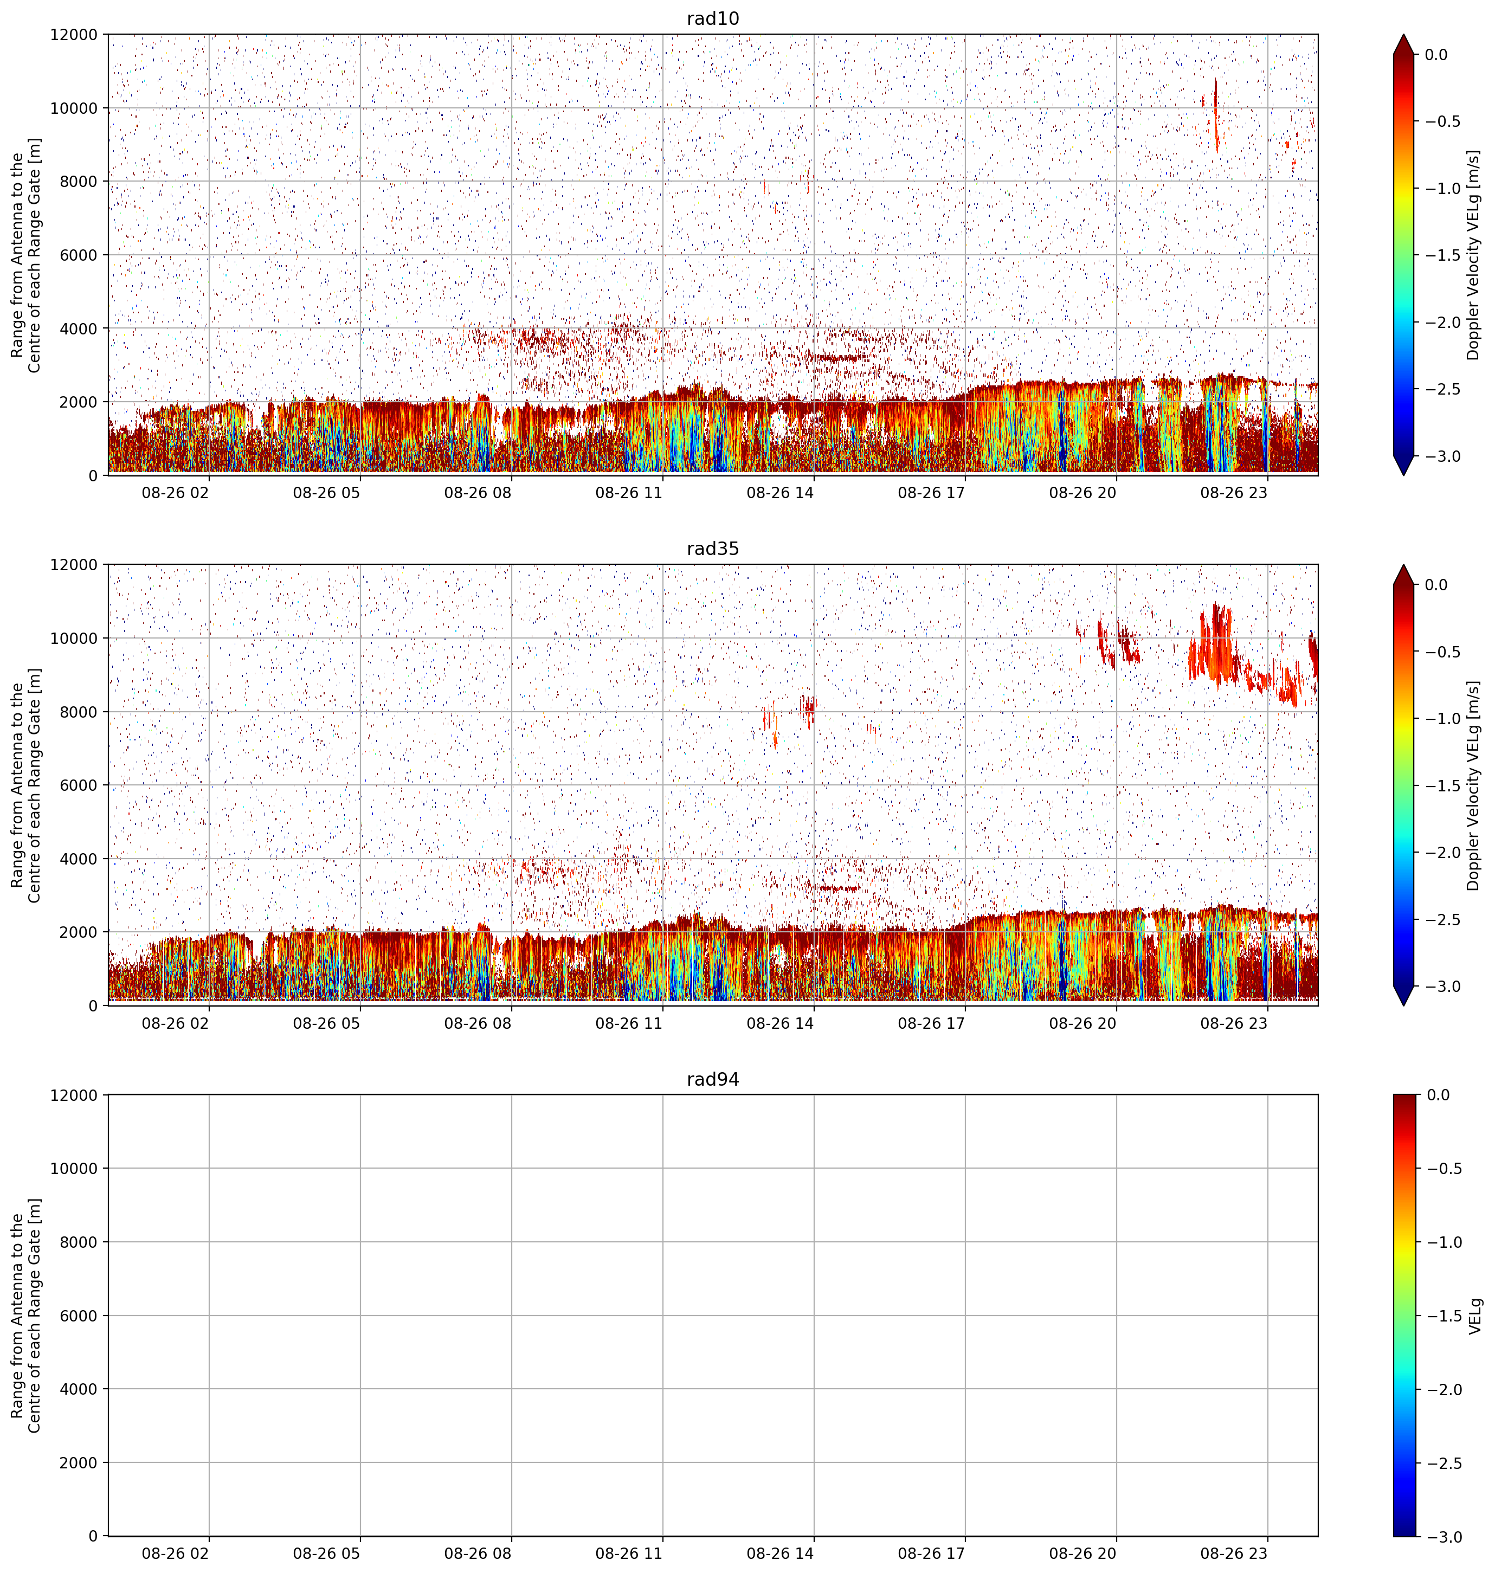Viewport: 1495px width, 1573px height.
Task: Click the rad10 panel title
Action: coord(712,18)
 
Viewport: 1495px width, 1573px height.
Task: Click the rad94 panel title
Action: coord(712,1079)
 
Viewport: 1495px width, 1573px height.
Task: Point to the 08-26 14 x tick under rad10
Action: coord(780,493)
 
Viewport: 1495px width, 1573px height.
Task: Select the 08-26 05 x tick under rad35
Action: coord(327,1022)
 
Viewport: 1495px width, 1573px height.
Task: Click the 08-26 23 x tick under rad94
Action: coord(1234,1553)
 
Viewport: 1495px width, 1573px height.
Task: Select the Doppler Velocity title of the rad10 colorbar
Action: coord(1473,255)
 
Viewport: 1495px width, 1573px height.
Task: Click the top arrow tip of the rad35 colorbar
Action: coord(1404,565)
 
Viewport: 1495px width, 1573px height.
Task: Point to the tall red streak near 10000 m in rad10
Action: coord(1215,115)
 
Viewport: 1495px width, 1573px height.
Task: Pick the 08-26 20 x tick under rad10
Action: coord(1082,493)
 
